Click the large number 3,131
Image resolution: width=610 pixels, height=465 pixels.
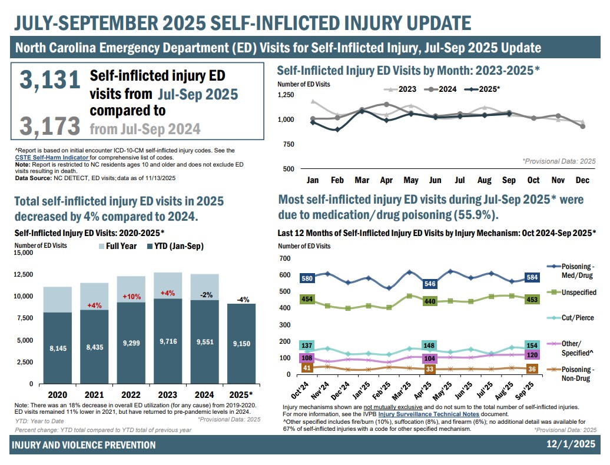coord(49,81)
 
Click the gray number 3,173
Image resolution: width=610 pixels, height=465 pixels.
coord(49,126)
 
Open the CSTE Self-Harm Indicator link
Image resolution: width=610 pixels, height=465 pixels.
coord(52,158)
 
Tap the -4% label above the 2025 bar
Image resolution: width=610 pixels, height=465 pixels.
coord(241,299)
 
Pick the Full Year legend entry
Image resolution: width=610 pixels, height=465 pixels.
coord(118,246)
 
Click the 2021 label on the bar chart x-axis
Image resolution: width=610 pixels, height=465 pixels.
coord(94,394)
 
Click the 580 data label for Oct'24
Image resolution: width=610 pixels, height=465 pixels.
coord(306,278)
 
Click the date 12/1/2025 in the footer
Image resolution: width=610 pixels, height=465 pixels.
coord(571,444)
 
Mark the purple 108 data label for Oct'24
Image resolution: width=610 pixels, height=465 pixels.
coord(306,358)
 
